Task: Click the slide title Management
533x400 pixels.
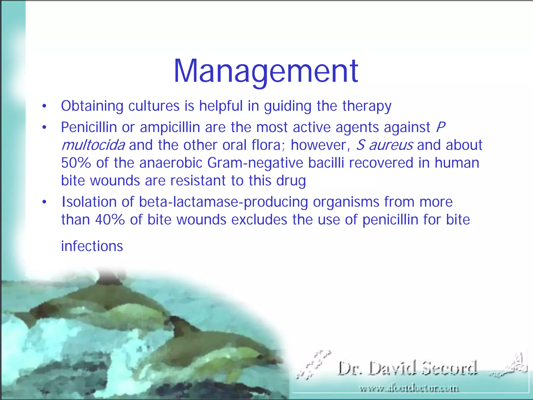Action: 266,71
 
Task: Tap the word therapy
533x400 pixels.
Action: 367,106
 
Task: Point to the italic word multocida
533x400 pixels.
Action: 93,145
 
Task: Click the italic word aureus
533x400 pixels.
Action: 391,145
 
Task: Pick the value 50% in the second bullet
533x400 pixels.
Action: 76,163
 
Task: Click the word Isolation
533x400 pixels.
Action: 89,202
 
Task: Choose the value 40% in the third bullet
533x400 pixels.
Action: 110,220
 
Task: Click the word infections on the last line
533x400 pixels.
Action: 92,246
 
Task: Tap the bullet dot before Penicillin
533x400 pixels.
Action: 45,128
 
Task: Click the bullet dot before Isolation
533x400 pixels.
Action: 45,202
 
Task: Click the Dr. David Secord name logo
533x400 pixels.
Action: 408,368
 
